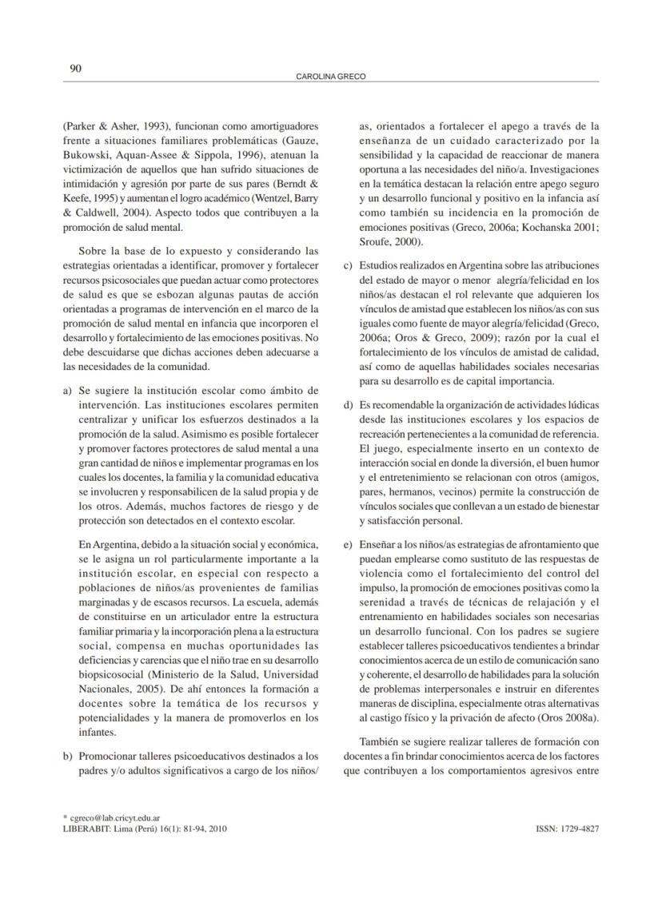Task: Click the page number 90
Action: click(75, 69)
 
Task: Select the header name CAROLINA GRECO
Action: click(331, 77)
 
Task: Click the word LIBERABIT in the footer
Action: click(86, 828)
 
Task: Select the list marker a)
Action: click(67, 390)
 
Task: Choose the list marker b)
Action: click(67, 756)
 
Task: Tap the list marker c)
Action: click(348, 265)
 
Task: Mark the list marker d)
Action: click(348, 405)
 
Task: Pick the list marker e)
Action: click(348, 545)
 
